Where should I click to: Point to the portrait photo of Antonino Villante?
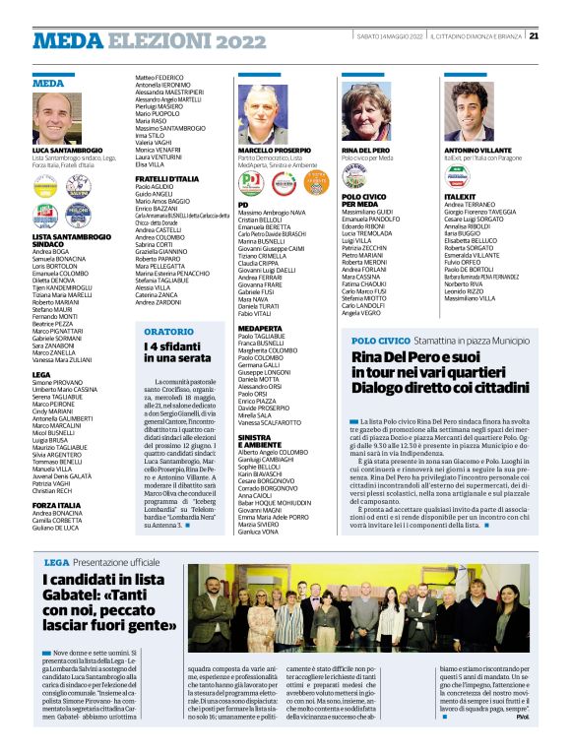[x=468, y=116]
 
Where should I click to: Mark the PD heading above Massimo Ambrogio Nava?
[x=243, y=204]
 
